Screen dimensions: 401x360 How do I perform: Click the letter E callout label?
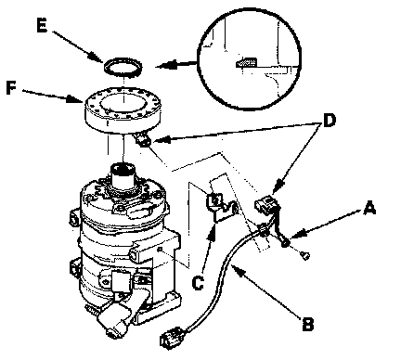click(x=42, y=25)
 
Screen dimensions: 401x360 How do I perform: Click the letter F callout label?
click(x=11, y=88)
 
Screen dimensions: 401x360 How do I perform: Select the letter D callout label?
click(x=330, y=121)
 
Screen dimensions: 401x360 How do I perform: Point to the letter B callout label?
click(x=307, y=324)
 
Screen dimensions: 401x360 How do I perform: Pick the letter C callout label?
click(x=198, y=282)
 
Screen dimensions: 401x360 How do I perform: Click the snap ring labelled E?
click(x=123, y=67)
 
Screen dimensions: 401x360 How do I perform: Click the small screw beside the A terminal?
click(x=305, y=255)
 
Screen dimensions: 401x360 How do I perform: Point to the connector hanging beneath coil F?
click(x=143, y=139)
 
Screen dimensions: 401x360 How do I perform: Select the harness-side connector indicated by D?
click(x=267, y=202)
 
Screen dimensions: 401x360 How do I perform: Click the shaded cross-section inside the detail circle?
click(x=247, y=62)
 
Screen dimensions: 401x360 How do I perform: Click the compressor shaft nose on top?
click(x=123, y=174)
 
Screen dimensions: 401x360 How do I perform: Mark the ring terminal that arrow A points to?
click(x=285, y=244)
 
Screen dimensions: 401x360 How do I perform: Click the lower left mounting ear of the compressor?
click(x=75, y=266)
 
